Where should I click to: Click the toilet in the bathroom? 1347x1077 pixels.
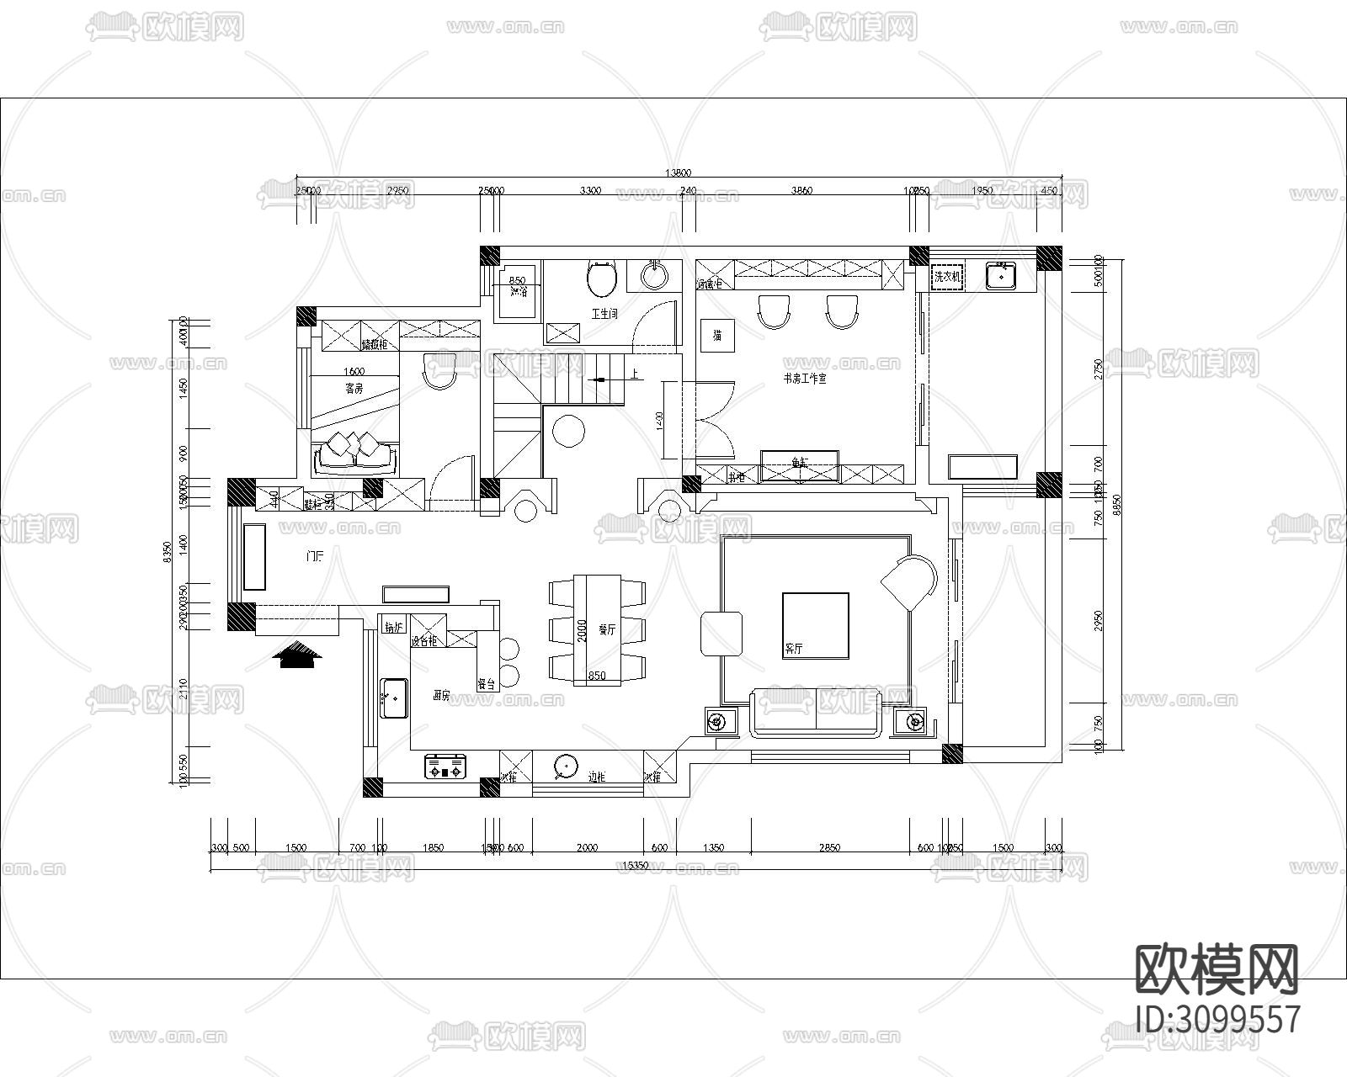(x=601, y=280)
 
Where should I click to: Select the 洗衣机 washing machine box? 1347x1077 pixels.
(x=947, y=276)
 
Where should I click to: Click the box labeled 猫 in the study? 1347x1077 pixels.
(x=717, y=336)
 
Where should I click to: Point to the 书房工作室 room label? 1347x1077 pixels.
(x=805, y=379)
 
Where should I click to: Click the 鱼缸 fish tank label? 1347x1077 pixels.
(x=800, y=462)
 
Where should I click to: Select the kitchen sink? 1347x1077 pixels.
(x=393, y=698)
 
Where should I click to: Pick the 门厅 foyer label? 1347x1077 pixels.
(x=315, y=556)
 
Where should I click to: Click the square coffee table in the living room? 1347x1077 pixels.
(x=815, y=624)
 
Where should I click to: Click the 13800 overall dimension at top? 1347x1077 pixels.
(x=678, y=173)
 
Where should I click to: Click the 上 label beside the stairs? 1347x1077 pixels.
(x=632, y=374)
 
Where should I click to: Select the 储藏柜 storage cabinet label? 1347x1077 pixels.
(x=374, y=344)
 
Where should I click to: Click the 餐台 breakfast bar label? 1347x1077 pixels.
(x=486, y=683)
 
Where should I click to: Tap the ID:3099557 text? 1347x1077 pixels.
(x=1218, y=1019)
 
